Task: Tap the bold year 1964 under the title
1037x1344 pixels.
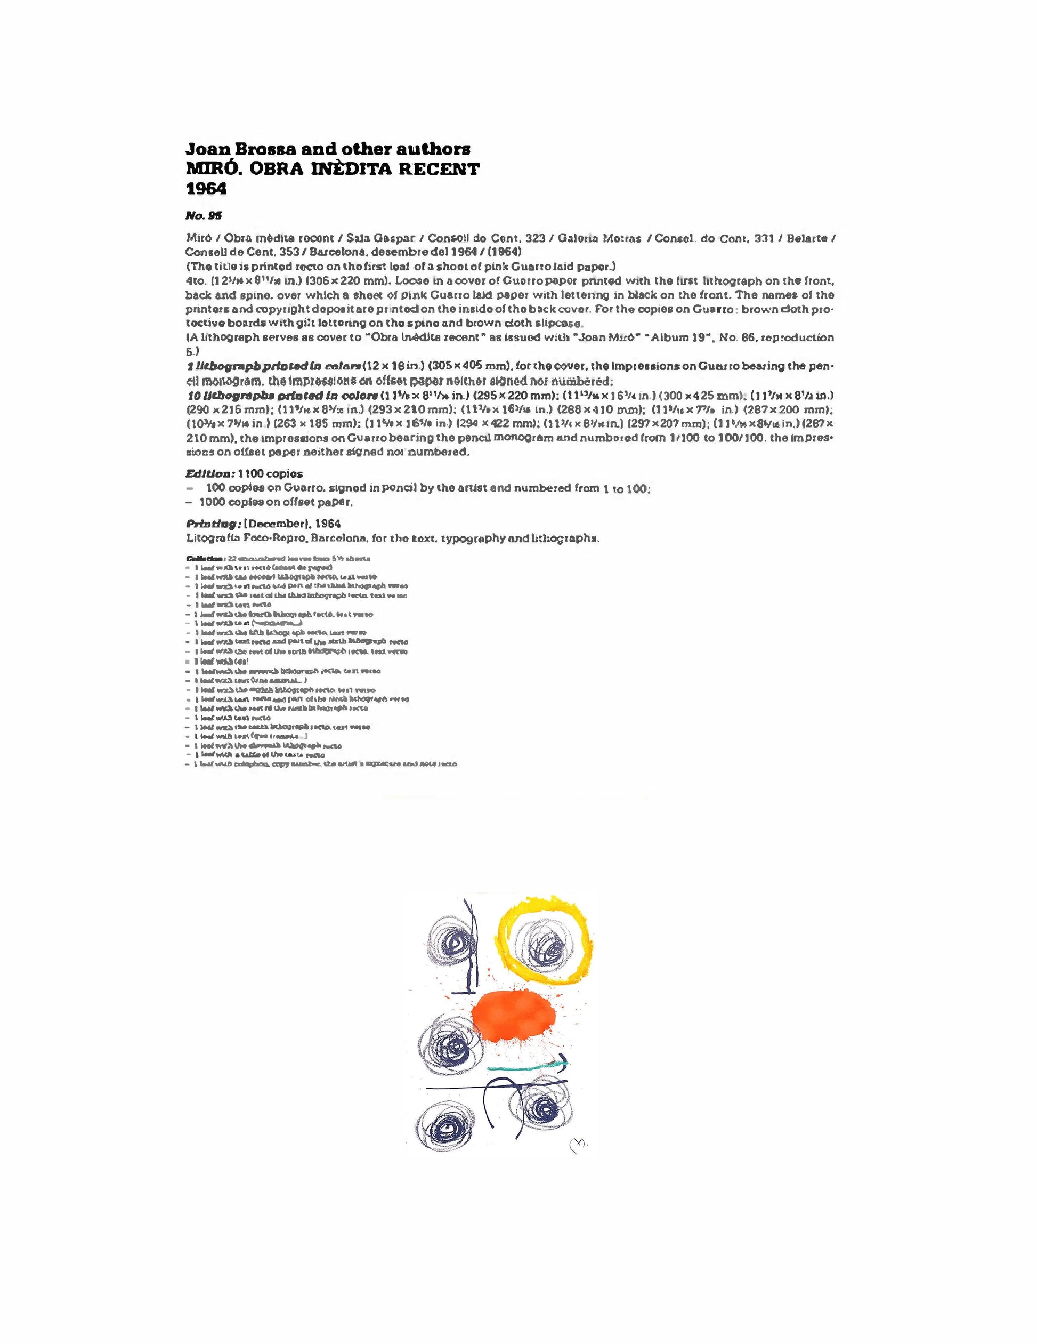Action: point(206,188)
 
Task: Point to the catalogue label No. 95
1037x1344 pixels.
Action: point(204,215)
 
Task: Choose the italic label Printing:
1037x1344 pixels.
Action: point(212,524)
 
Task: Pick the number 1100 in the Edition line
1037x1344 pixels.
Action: point(251,473)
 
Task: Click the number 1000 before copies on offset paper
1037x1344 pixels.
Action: point(212,502)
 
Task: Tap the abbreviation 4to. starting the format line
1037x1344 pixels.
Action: point(196,280)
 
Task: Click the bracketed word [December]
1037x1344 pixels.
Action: point(275,524)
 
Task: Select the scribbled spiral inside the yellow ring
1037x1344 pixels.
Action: point(544,945)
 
